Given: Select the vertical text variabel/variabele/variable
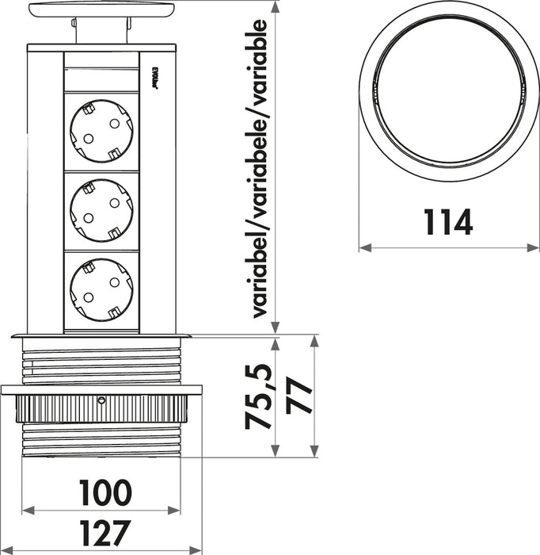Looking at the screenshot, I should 260,166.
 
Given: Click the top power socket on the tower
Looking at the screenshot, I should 101,131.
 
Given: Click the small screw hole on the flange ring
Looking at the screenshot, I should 101,401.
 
